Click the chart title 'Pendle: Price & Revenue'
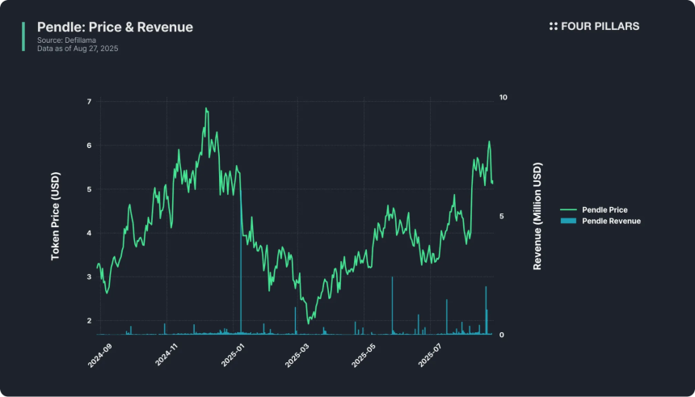(115, 27)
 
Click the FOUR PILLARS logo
(594, 27)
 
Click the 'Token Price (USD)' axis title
(56, 216)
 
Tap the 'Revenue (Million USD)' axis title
(538, 216)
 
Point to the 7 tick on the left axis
(89, 102)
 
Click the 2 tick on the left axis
(89, 321)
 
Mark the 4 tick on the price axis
(89, 234)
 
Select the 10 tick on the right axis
(503, 97)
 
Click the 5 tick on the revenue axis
(503, 216)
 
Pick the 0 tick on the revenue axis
(503, 335)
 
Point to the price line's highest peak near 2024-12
(206, 108)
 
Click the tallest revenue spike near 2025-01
(241, 243)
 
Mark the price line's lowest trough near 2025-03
(308, 323)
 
